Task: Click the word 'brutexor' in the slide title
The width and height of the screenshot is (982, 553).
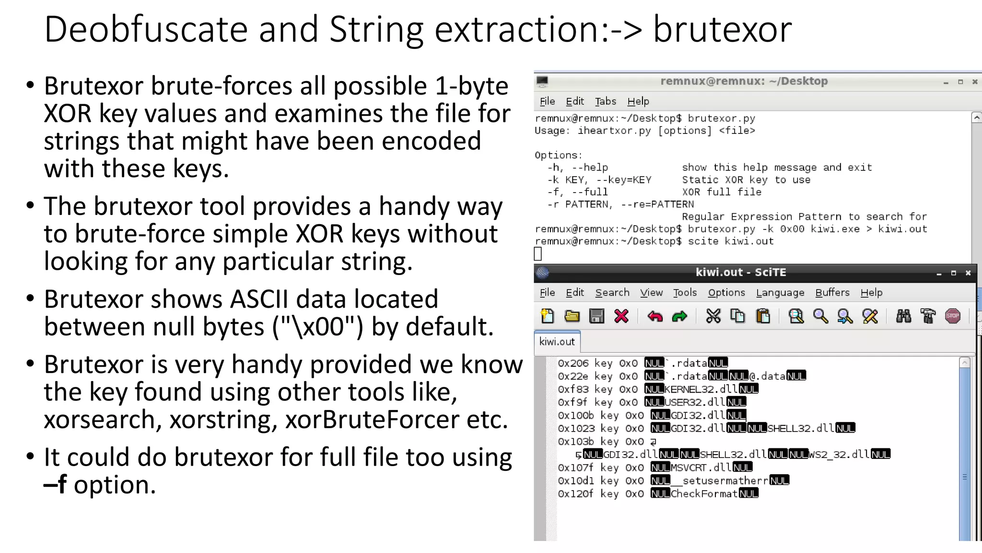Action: click(722, 30)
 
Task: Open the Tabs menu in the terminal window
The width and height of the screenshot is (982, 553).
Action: click(605, 101)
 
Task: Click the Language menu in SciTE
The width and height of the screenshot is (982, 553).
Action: click(780, 292)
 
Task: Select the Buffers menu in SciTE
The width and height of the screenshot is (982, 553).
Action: click(832, 292)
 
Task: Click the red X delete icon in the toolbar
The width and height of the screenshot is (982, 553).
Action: click(621, 316)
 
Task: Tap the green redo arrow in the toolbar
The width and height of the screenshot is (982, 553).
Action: click(679, 316)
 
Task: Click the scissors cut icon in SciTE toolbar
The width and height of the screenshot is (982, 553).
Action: click(713, 316)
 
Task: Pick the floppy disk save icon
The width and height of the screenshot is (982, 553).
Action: click(596, 316)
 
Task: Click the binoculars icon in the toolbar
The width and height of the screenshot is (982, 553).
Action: click(903, 316)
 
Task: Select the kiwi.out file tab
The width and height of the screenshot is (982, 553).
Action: click(557, 341)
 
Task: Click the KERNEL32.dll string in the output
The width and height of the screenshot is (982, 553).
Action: click(701, 389)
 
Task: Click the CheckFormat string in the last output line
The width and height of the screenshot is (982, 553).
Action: click(704, 493)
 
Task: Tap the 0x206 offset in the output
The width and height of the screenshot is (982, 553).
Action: click(573, 363)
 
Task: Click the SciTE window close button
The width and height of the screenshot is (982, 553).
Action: click(968, 273)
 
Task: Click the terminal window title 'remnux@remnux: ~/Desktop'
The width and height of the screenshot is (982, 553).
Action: click(744, 81)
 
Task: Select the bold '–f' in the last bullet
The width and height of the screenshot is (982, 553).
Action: click(55, 484)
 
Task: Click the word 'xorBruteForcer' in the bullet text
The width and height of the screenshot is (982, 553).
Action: click(372, 420)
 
